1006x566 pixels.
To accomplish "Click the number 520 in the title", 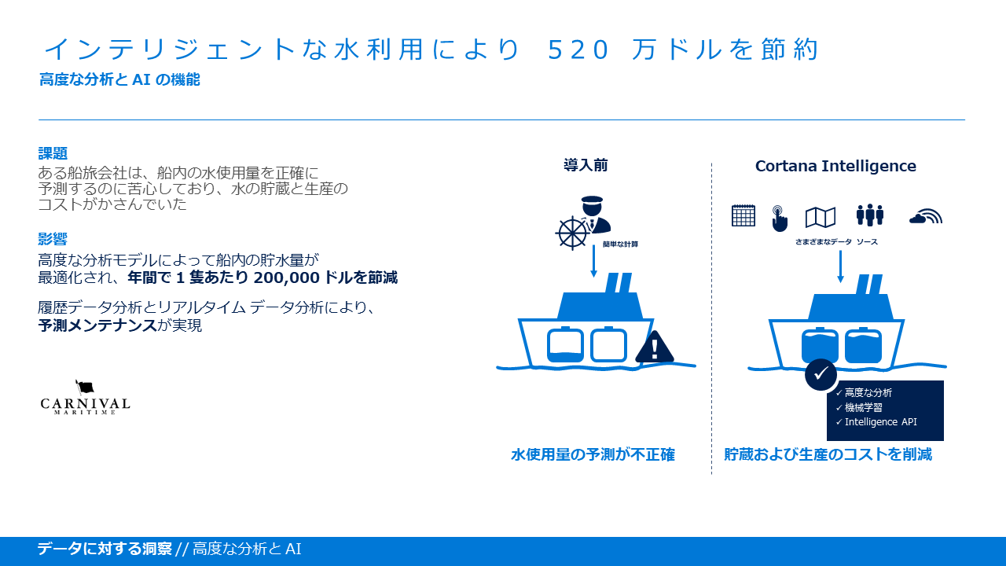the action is [x=578, y=50].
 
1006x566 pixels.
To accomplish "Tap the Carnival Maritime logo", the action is [x=85, y=397].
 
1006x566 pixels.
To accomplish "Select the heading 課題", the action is [x=53, y=153].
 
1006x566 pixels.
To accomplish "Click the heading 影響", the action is [x=53, y=239].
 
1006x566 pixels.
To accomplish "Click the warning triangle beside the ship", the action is [x=655, y=347].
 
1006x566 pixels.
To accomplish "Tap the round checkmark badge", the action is [x=821, y=373].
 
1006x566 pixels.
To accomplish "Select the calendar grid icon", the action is [x=743, y=215].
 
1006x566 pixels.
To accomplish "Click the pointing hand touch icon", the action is [x=780, y=219].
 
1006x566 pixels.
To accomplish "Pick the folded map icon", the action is [x=821, y=218].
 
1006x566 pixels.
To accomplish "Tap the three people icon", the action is [x=870, y=215].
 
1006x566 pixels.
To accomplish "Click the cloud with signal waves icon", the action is [x=926, y=216].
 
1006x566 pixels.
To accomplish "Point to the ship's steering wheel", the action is [x=571, y=233].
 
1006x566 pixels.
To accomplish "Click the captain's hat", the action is [x=592, y=200].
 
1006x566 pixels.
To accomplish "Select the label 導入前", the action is [x=586, y=165].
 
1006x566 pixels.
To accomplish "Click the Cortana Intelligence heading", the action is [x=835, y=166].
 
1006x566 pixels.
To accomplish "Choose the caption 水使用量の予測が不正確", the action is [x=593, y=454].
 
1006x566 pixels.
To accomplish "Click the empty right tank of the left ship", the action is [x=608, y=344].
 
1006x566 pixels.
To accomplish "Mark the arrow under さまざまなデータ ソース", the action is [x=840, y=266].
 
